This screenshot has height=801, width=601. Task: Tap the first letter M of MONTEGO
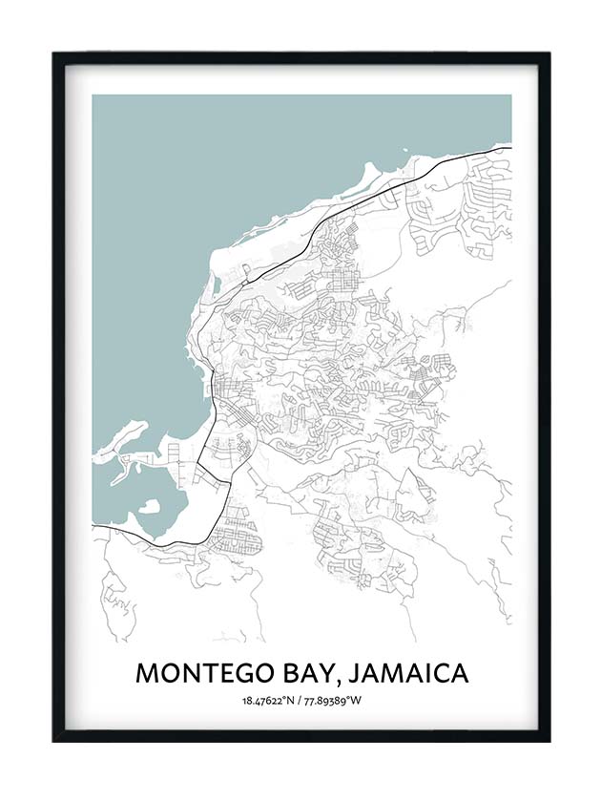[x=147, y=673]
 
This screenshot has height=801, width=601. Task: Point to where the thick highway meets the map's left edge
[x=93, y=526]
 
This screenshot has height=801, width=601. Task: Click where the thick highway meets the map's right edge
[x=510, y=147]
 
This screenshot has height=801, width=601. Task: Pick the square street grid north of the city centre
[x=342, y=281]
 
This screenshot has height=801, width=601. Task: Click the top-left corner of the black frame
[x=54, y=54]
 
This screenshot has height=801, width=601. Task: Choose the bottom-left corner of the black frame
[x=54, y=739]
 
